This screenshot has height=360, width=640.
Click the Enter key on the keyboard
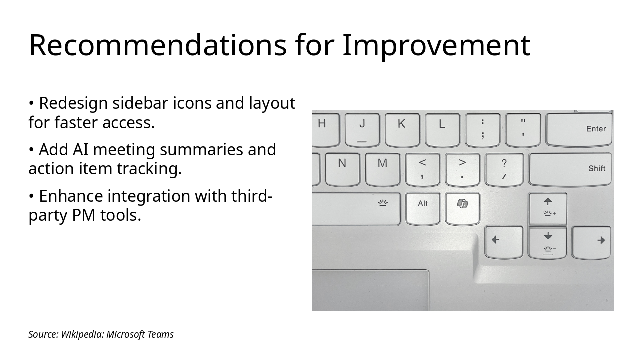pyautogui.click(x=579, y=130)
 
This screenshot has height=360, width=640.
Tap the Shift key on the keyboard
pyautogui.click(x=570, y=169)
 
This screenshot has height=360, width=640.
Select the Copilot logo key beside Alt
pyautogui.click(x=462, y=209)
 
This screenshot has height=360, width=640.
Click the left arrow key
pyautogui.click(x=504, y=242)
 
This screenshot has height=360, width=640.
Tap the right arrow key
pyautogui.click(x=591, y=243)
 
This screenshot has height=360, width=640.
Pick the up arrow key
pyautogui.click(x=548, y=209)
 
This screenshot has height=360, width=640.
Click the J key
pyautogui.click(x=362, y=130)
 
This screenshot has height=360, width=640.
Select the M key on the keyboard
pyautogui.click(x=383, y=169)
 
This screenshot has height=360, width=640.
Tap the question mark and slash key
pyautogui.click(x=504, y=169)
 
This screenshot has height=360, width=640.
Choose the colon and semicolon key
pyautogui.click(x=483, y=130)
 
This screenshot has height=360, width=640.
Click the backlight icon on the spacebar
pyautogui.click(x=383, y=203)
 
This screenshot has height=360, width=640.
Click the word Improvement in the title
pyautogui.click(x=436, y=45)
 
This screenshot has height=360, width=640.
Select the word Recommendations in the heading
pyautogui.click(x=157, y=45)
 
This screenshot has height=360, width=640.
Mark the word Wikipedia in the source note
pyautogui.click(x=82, y=334)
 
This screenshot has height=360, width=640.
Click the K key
pyautogui.click(x=402, y=130)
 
